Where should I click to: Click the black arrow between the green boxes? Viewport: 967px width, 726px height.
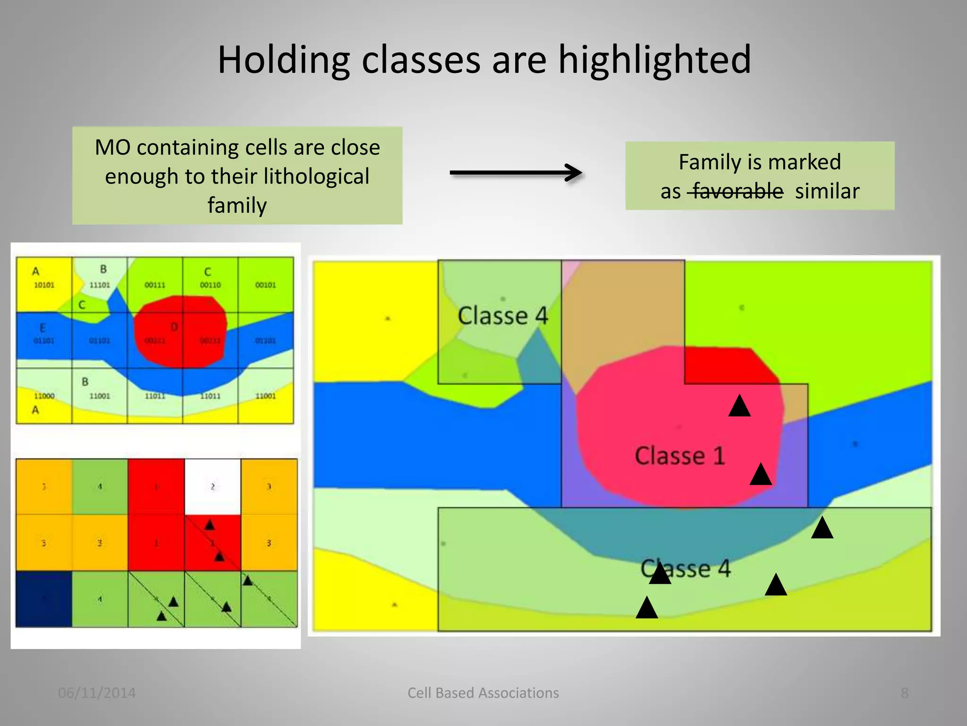(x=516, y=173)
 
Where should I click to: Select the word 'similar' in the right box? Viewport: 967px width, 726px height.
(x=827, y=191)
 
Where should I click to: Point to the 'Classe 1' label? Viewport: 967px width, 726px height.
(x=679, y=456)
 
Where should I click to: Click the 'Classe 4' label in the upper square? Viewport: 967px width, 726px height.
(x=502, y=316)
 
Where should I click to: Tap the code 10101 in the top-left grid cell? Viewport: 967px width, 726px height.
(x=44, y=285)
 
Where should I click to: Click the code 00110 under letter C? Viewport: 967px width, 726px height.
(x=210, y=285)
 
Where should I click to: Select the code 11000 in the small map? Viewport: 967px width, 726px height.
(x=44, y=396)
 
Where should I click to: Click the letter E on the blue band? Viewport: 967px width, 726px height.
(x=42, y=328)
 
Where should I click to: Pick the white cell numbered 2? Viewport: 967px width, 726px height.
(x=212, y=486)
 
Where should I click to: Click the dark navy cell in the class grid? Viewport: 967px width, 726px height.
(x=43, y=599)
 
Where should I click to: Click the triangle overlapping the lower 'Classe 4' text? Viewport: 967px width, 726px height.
(x=660, y=574)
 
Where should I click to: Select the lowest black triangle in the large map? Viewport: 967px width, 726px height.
(x=646, y=609)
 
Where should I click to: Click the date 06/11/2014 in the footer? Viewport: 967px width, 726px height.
(x=97, y=693)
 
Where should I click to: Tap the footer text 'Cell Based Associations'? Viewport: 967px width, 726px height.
(x=483, y=693)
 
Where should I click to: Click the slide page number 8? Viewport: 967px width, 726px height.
(x=904, y=693)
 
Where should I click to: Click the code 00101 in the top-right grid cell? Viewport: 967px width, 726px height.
(x=265, y=285)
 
